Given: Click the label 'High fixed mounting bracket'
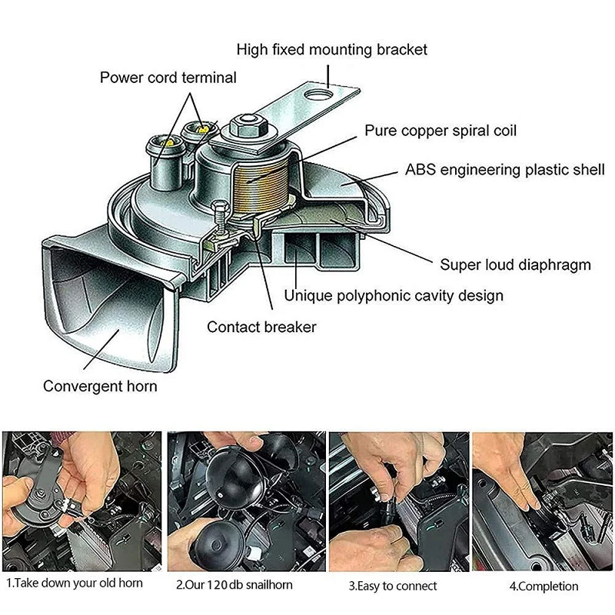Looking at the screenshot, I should pos(331,50).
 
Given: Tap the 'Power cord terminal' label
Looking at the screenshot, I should pos(168,78).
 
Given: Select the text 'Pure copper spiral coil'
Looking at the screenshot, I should pos(440,131).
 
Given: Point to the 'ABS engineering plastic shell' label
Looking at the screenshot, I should pos(505,170).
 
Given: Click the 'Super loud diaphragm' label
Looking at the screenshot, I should pos(515,265).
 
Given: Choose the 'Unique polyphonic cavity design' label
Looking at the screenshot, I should pos(394,295).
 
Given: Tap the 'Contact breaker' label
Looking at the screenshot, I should pos(261,327).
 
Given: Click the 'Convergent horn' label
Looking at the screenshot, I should pos(100,386).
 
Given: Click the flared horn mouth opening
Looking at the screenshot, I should pos(108,307).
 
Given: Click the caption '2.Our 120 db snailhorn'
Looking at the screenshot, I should pos(234,585).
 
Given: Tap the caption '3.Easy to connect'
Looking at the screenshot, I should pos(394,585).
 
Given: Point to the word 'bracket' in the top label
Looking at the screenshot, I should pos(401,50).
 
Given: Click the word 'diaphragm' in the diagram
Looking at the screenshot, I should pos(554,265).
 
